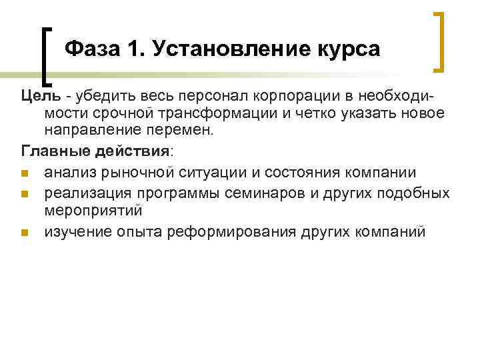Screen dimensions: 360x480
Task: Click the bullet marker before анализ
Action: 25,174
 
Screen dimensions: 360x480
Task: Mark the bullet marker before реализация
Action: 25,194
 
